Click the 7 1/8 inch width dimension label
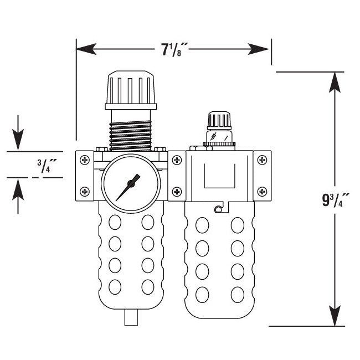click(174, 50)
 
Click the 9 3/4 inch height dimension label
click(336, 199)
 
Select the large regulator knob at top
click(131, 88)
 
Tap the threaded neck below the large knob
click(131, 129)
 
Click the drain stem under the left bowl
click(132, 318)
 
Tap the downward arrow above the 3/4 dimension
click(19, 138)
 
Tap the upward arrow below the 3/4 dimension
click(19, 189)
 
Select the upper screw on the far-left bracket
click(85, 161)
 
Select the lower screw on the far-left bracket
click(85, 192)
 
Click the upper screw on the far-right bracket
click(263, 161)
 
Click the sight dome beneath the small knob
click(218, 137)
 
